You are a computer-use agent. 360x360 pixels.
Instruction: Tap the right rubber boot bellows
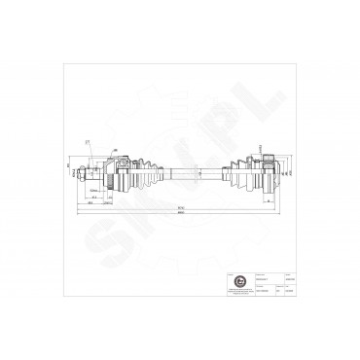(x=236, y=169)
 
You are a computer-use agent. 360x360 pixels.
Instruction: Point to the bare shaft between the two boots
(x=190, y=169)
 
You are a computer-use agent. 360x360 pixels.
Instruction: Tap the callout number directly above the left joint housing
(x=116, y=150)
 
